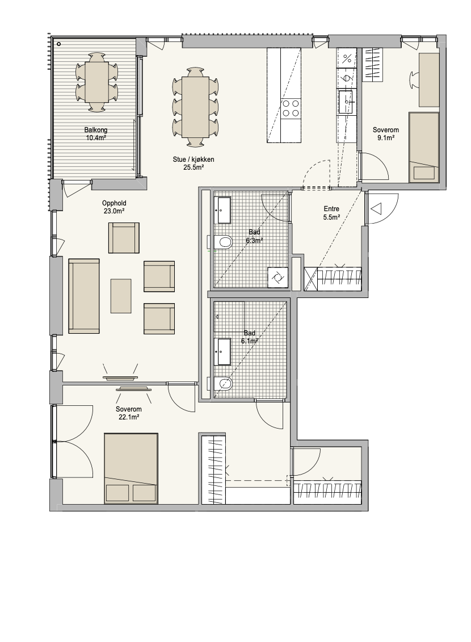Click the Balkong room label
tap(96, 130)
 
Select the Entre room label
tap(331, 209)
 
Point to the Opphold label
tap(113, 203)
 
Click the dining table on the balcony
tap(97, 82)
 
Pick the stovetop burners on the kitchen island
tap(291, 108)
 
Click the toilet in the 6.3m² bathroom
tap(222, 242)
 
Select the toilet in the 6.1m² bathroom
tap(222, 384)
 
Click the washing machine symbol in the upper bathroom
tap(277, 278)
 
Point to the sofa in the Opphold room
tap(84, 296)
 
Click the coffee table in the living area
tap(121, 296)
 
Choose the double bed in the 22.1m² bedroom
tap(131, 468)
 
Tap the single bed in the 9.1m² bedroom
tap(424, 148)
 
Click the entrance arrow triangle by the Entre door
tap(376, 209)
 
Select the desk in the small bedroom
tap(428, 79)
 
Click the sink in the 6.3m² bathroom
tap(224, 210)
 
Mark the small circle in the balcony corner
tap(59, 44)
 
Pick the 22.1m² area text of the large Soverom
tap(129, 417)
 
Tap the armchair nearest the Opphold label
tap(124, 238)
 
